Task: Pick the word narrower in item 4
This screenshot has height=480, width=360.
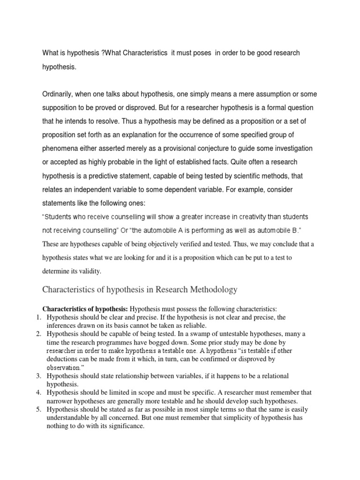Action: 60,401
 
